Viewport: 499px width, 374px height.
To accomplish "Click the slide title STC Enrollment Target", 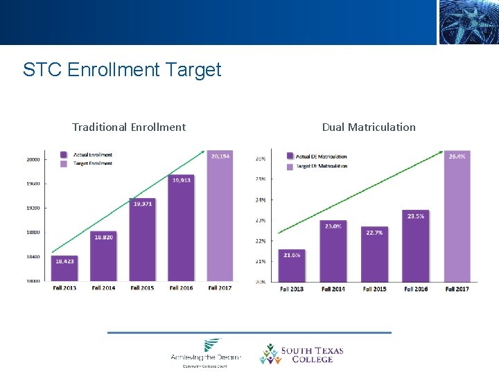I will tap(122, 70).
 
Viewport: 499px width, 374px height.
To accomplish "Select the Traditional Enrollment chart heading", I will tap(129, 127).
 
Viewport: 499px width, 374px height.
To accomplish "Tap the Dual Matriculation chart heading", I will tap(369, 127).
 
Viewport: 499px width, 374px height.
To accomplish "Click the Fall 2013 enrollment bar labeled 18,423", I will tap(64, 269).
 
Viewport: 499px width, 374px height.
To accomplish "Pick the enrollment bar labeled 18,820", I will tap(104, 257).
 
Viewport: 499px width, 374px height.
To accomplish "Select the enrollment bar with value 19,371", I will tap(143, 240).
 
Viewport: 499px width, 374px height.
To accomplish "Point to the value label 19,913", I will tap(182, 179).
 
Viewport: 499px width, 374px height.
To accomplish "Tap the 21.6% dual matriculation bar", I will tap(292, 267).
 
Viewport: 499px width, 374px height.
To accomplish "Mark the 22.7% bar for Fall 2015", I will tap(375, 255).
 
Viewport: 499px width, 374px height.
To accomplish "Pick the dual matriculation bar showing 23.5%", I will tap(416, 247).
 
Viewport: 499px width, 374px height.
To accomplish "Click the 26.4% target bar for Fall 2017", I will tap(457, 218).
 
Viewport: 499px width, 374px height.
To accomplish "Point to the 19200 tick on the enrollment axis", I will tap(33, 208).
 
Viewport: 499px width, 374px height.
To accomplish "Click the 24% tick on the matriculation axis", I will tap(261, 199).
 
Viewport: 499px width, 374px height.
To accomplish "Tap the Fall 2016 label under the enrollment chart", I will tap(182, 287).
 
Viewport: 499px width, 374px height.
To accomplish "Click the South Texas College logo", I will tap(301, 355).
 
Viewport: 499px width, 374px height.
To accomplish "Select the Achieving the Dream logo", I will tap(206, 352).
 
